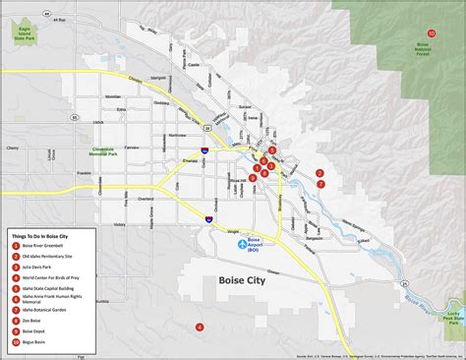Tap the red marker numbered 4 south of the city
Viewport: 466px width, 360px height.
click(x=200, y=327)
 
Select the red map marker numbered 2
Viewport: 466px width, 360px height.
click(x=320, y=173)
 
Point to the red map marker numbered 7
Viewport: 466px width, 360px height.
click(x=320, y=184)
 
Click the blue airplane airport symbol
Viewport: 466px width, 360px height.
click(x=243, y=244)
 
